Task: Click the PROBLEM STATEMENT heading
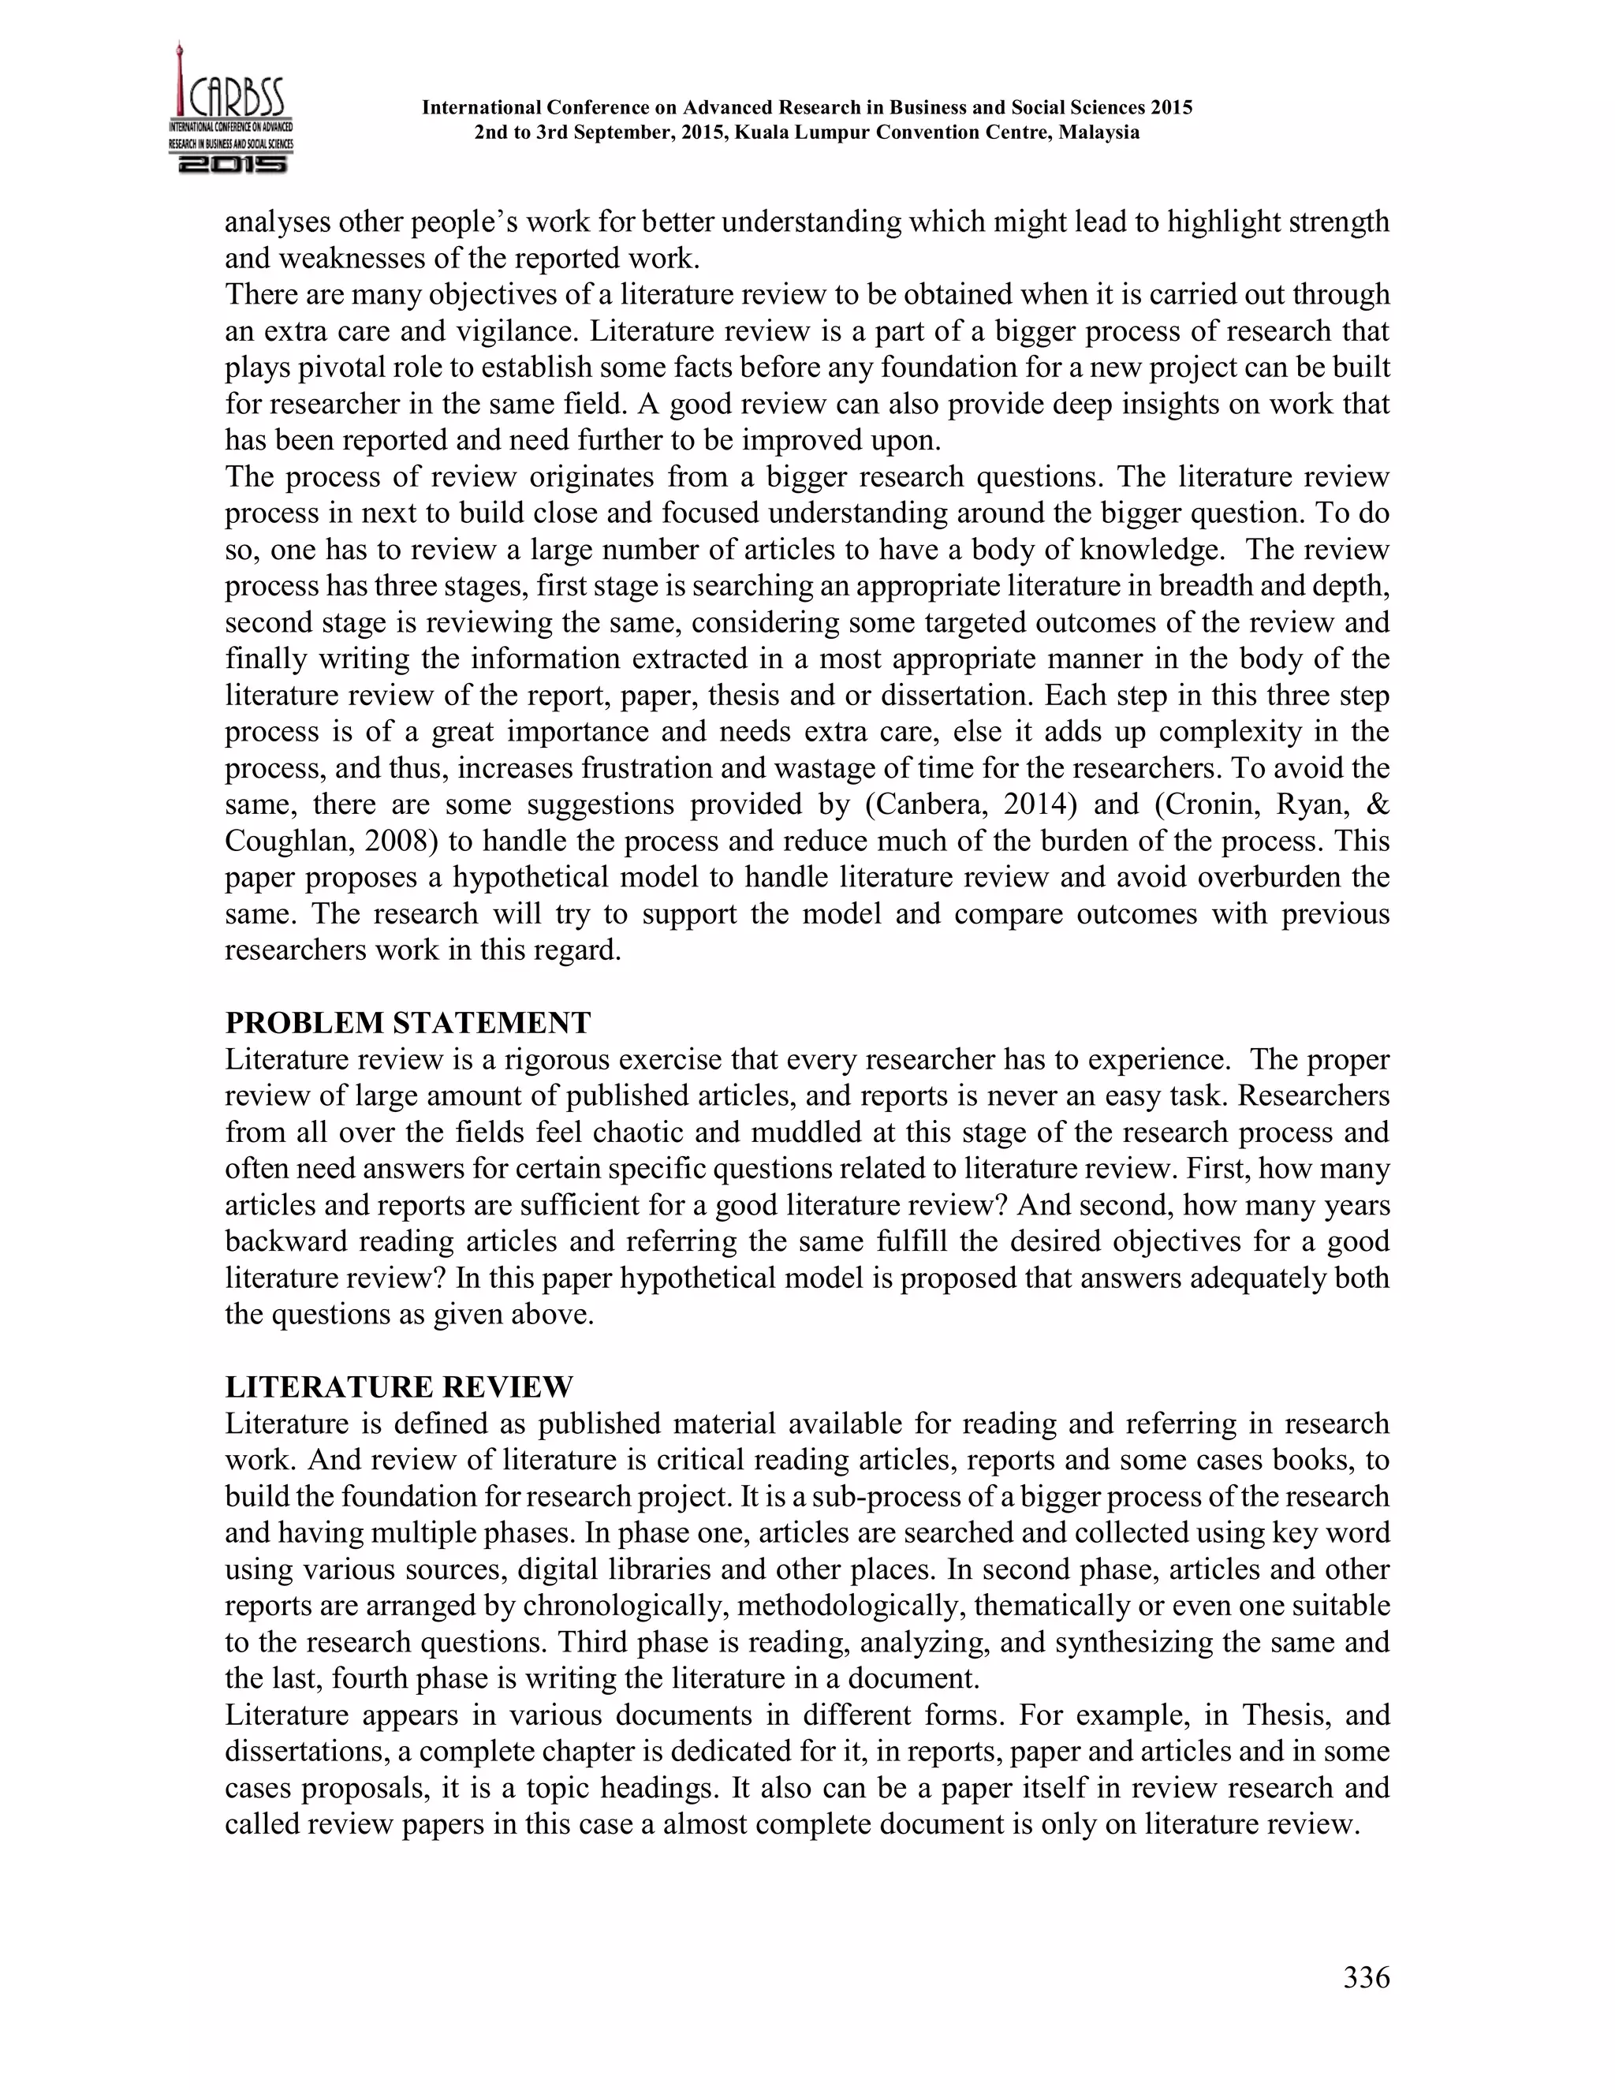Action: click(408, 1023)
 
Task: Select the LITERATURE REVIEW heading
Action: click(399, 1386)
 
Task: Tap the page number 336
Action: click(1367, 1977)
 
